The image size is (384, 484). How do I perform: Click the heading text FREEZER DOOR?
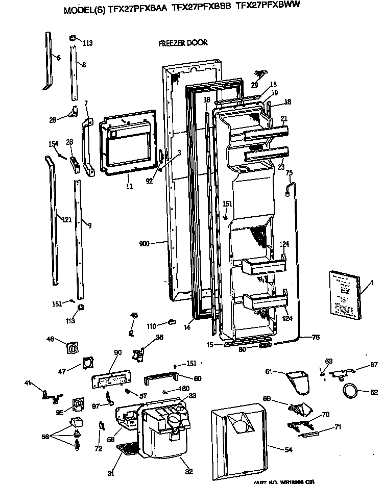pos(183,43)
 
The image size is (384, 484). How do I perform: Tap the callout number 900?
pos(144,244)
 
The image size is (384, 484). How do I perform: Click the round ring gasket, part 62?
pos(350,392)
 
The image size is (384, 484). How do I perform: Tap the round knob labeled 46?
pos(74,349)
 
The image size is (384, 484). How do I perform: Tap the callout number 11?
pos(129,187)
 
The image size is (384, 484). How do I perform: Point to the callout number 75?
pos(289,172)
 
